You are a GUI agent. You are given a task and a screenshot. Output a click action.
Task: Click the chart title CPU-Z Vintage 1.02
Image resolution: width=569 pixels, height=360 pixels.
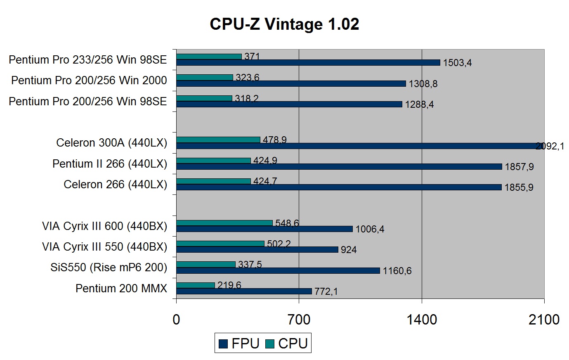click(284, 24)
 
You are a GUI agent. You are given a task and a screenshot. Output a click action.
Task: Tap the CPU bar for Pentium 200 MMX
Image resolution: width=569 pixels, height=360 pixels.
click(196, 285)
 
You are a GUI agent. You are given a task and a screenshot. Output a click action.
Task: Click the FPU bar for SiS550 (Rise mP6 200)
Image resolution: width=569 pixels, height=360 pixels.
click(278, 270)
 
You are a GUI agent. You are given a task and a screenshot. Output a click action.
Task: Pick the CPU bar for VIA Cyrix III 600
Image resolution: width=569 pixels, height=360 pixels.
click(224, 223)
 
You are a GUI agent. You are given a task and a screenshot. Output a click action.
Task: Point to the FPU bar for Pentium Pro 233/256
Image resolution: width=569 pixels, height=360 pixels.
click(308, 62)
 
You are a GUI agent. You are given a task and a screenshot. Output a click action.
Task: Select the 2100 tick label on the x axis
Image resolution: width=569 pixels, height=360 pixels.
click(544, 320)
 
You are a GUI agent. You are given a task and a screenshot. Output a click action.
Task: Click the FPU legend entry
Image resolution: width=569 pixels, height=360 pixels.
click(240, 343)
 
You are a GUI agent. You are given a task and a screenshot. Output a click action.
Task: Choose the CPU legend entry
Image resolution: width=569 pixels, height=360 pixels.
click(287, 343)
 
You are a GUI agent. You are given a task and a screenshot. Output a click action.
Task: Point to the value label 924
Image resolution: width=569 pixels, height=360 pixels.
click(349, 250)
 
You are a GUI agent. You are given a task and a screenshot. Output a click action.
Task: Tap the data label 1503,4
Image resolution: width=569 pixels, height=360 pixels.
click(457, 63)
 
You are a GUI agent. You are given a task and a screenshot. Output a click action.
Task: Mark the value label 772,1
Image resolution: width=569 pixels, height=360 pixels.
click(326, 291)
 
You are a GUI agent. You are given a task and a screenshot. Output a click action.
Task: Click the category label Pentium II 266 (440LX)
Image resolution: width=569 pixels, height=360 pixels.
click(110, 164)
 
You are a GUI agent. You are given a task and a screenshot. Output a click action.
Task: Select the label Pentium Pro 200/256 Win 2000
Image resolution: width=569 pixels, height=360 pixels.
click(89, 80)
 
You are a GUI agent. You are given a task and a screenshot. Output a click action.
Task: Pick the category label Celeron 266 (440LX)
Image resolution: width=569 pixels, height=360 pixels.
click(115, 185)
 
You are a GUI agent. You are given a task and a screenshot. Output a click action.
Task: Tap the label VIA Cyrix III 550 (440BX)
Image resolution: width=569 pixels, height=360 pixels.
click(105, 247)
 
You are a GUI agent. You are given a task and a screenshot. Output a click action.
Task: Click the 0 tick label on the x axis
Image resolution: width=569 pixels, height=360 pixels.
click(177, 320)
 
